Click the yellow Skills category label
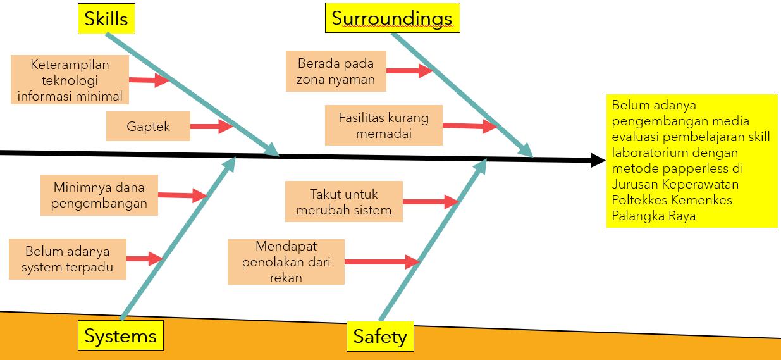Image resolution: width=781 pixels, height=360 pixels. (x=106, y=18)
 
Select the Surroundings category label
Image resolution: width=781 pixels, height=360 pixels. (x=392, y=18)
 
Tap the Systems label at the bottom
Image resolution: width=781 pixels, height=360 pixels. (x=120, y=335)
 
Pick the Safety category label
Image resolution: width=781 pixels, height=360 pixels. (x=379, y=336)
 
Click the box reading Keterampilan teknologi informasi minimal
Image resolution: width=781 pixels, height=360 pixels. (x=70, y=80)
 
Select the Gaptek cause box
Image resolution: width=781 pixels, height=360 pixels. (x=148, y=126)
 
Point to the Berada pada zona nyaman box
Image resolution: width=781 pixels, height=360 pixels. (x=335, y=71)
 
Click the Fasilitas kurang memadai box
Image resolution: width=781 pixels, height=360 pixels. (x=383, y=125)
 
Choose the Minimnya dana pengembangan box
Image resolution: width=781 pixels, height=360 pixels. (x=99, y=195)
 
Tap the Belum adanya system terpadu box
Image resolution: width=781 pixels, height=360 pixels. (x=67, y=259)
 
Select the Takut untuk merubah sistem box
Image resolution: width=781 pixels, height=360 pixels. (x=343, y=202)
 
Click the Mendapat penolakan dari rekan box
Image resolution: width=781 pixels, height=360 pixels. (x=286, y=261)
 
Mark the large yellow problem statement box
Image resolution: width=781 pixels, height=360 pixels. (x=692, y=161)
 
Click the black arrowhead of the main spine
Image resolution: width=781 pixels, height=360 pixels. (x=598, y=160)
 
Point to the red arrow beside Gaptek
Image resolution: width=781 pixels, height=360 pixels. (x=212, y=127)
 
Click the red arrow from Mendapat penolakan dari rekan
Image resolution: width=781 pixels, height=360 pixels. (x=382, y=261)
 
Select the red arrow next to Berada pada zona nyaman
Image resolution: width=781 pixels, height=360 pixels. (x=409, y=70)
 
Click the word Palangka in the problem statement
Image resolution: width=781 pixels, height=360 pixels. (x=632, y=215)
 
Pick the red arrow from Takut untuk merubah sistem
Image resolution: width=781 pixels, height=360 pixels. (x=430, y=202)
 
